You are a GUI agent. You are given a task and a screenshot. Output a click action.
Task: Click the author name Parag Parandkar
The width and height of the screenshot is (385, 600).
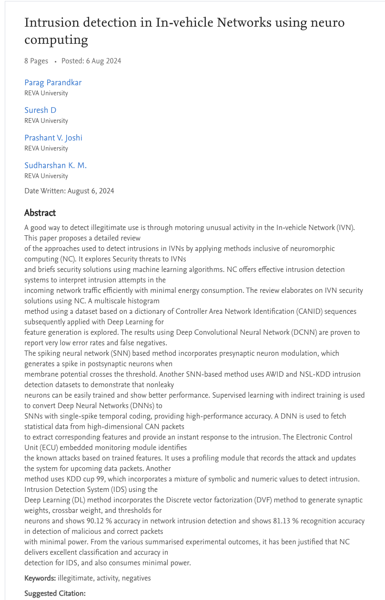pyautogui.click(x=53, y=83)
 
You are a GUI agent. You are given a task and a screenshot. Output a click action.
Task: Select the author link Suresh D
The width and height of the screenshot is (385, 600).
pyautogui.click(x=41, y=110)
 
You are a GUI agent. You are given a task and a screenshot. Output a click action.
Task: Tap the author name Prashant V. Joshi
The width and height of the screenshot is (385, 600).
pyautogui.click(x=53, y=138)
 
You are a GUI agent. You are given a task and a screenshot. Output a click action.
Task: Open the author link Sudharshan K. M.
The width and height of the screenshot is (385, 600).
pyautogui.click(x=55, y=166)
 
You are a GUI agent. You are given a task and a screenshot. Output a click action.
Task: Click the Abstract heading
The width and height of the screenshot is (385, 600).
pyautogui.click(x=40, y=213)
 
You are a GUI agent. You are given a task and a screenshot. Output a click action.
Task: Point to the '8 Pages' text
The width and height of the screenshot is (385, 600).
pyautogui.click(x=36, y=61)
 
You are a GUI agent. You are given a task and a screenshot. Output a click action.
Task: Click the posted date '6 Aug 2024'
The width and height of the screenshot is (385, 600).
pyautogui.click(x=103, y=61)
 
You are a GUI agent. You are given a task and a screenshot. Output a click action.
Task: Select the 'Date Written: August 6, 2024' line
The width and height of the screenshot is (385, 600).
pyautogui.click(x=69, y=191)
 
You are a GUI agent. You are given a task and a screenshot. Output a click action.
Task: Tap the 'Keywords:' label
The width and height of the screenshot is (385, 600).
pyautogui.click(x=40, y=578)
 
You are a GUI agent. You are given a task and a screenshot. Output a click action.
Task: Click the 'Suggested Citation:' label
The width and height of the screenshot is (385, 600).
pyautogui.click(x=55, y=594)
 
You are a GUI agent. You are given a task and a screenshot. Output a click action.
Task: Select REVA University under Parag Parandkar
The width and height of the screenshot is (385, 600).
pyautogui.click(x=46, y=93)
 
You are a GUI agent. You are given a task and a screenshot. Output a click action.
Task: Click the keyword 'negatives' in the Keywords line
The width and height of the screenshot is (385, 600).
pyautogui.click(x=136, y=578)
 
